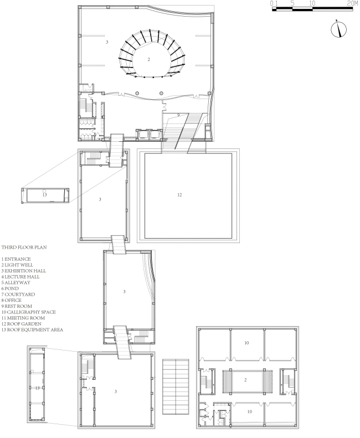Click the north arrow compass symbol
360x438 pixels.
click(x=339, y=29)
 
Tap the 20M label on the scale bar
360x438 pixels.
click(x=352, y=4)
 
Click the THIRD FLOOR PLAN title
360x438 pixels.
click(x=24, y=247)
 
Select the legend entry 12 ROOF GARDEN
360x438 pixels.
click(x=21, y=324)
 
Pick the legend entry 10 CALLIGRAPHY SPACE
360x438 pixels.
click(x=28, y=312)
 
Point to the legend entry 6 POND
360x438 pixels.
click(x=10, y=288)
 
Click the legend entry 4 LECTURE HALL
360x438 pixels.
click(x=20, y=277)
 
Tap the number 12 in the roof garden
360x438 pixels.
click(x=179, y=195)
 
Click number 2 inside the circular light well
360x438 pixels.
click(x=148, y=59)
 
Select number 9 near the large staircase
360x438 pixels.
click(x=178, y=115)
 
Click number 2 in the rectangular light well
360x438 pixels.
click(x=245, y=380)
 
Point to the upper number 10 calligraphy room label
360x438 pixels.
click(x=246, y=343)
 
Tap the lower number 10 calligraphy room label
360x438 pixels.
click(x=250, y=411)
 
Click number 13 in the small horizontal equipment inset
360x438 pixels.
click(x=45, y=195)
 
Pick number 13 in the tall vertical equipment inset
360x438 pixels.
click(x=38, y=388)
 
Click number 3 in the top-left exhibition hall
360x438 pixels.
click(x=107, y=42)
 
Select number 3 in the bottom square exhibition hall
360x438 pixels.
click(x=116, y=391)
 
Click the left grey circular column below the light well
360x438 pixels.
click(x=137, y=93)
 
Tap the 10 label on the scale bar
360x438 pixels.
click(x=312, y=4)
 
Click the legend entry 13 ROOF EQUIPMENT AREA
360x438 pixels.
click(x=32, y=329)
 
